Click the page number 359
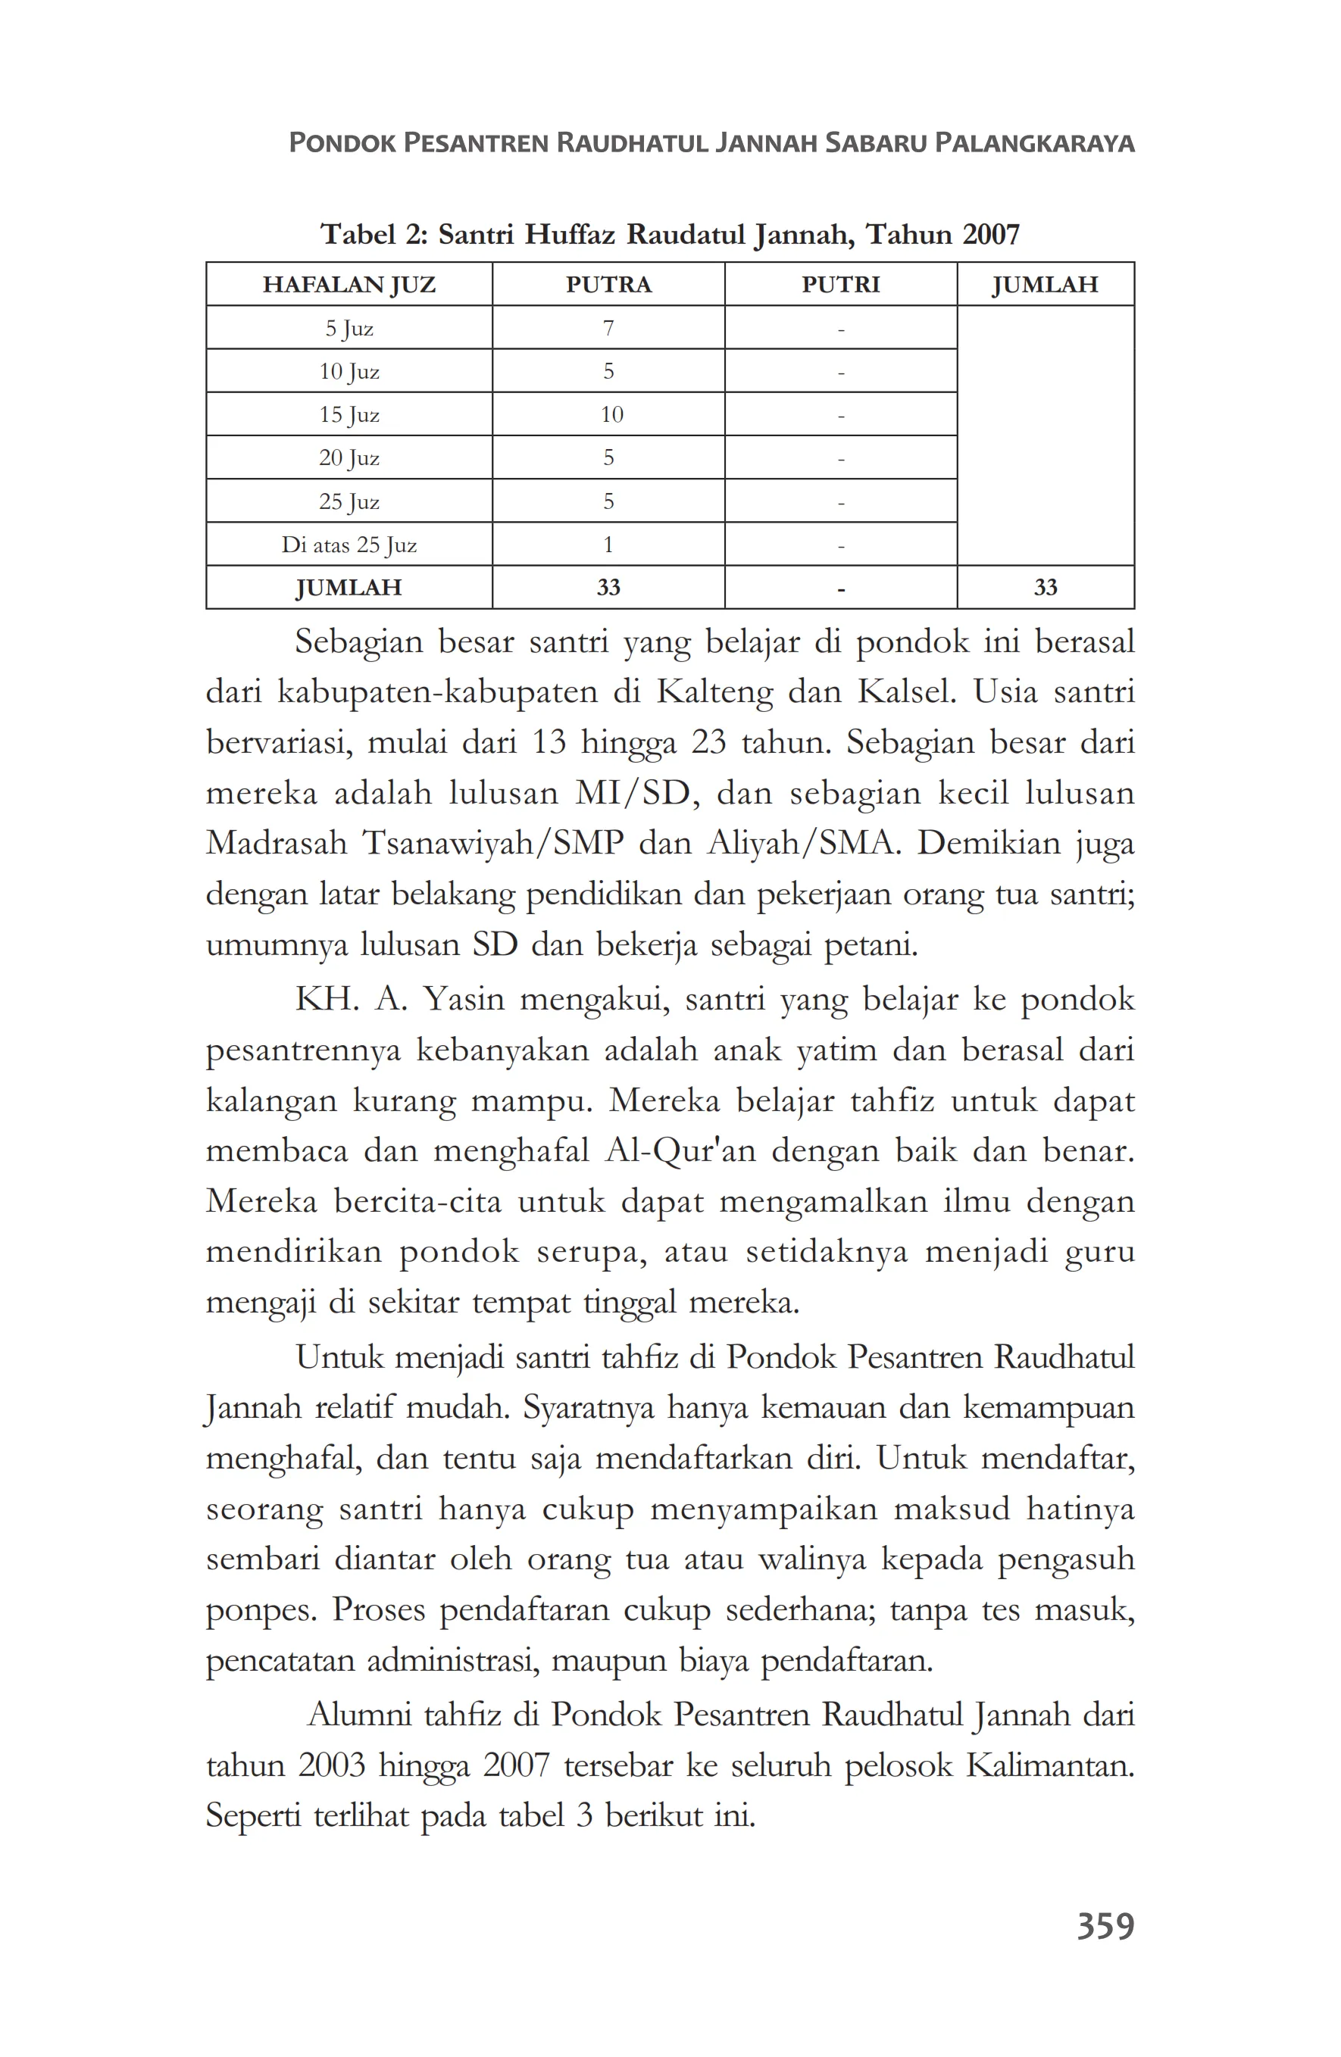coord(1104,1926)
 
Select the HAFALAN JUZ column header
coord(349,284)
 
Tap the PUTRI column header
coord(839,284)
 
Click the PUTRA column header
coord(608,284)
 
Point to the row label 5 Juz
coord(349,329)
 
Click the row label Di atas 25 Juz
coord(349,545)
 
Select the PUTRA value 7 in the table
coord(608,329)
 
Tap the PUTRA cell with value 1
coord(608,545)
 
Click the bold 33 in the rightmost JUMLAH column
coord(1045,588)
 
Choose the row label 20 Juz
coord(349,458)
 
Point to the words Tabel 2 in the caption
coord(373,234)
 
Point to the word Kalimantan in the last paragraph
coord(1049,1765)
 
